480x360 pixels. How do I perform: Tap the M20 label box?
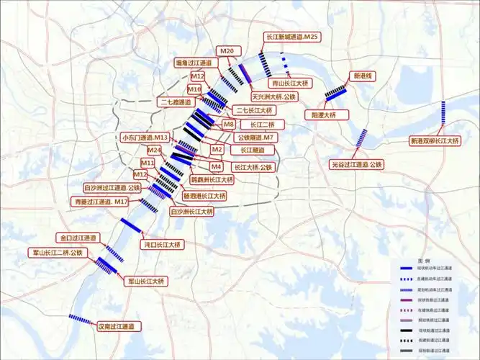227,50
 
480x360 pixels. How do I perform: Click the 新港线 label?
361,75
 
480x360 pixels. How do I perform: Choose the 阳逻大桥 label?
327,114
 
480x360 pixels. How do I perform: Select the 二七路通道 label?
176,102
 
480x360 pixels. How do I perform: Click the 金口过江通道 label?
77,238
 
